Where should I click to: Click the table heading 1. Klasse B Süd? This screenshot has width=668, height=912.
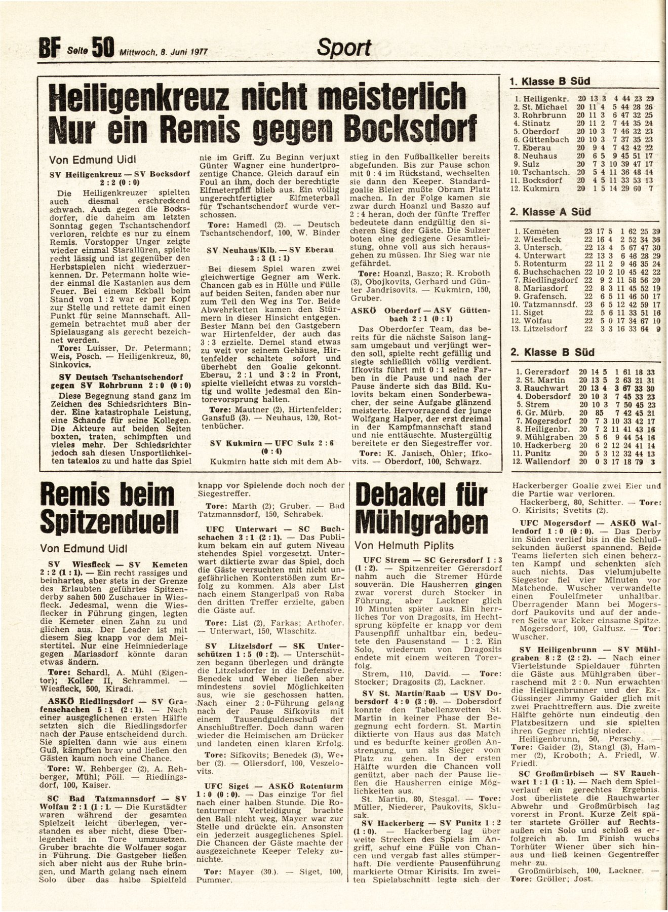550,81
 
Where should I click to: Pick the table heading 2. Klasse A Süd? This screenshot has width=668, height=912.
550,212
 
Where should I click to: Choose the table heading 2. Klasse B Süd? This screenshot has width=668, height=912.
550,352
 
